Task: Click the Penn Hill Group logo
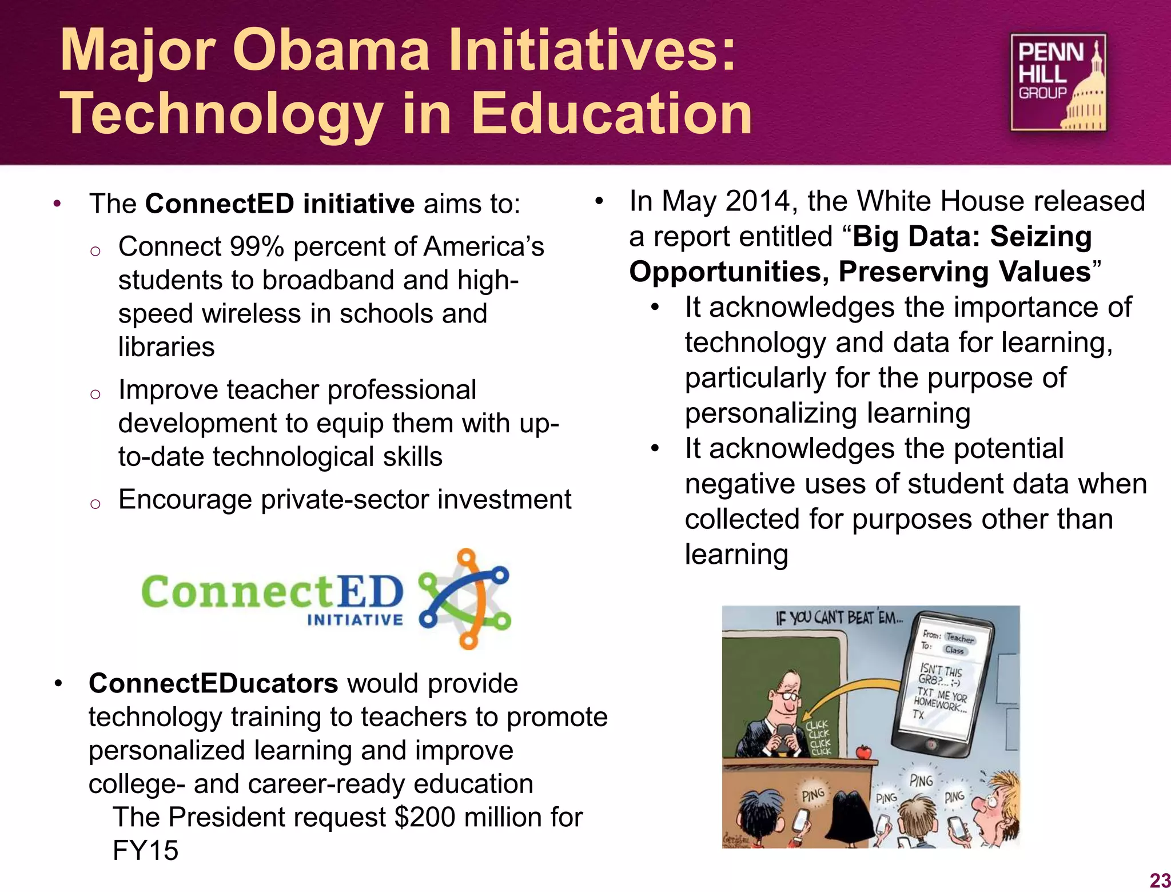[1058, 82]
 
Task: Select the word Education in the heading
[611, 114]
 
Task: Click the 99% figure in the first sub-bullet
[257, 247]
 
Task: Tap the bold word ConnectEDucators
[213, 683]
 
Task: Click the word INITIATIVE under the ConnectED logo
[355, 620]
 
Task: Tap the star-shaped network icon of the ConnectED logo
[464, 599]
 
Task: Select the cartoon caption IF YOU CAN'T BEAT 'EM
[839, 618]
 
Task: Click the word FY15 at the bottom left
[145, 851]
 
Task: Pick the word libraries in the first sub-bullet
[166, 347]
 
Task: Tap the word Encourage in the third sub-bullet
[185, 500]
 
